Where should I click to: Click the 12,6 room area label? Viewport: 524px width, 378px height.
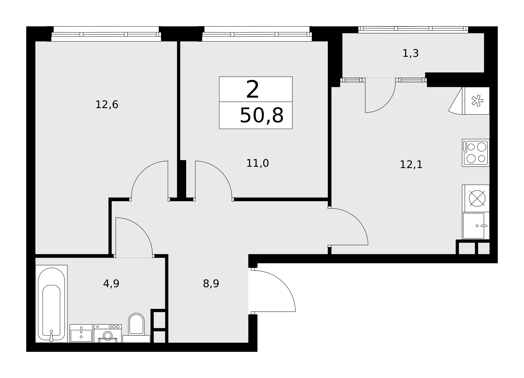(107, 105)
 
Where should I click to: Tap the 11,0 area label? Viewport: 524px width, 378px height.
(258, 163)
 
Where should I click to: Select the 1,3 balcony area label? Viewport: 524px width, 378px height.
(411, 53)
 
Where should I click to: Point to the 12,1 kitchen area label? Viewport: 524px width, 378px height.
(411, 165)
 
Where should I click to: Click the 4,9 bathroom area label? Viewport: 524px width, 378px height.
(111, 283)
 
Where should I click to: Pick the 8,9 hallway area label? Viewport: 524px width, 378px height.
(211, 283)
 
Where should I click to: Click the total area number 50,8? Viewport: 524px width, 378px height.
(261, 115)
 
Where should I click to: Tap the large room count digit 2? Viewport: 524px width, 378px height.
(253, 90)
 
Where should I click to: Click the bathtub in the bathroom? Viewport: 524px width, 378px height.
(51, 304)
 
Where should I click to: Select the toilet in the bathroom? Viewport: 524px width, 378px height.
(136, 327)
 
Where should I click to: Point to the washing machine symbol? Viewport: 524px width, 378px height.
(108, 333)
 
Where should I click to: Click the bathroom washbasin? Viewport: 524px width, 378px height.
(81, 333)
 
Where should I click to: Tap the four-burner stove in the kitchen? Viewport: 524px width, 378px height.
(476, 153)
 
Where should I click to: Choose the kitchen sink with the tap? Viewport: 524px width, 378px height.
(476, 226)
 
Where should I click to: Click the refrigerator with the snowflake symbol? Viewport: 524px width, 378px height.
(476, 101)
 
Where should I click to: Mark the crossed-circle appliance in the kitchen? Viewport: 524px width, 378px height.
(476, 198)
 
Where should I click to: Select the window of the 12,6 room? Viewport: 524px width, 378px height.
(106, 34)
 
